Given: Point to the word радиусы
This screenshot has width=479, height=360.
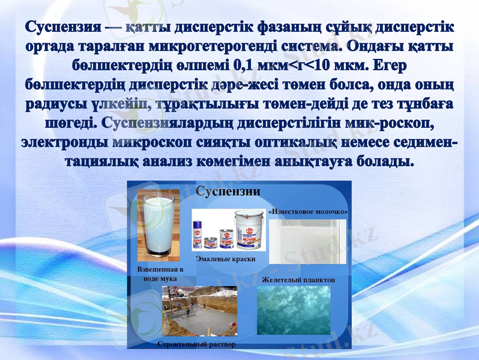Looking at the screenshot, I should [55, 103].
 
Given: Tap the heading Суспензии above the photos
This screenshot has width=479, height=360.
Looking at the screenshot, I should [229, 192].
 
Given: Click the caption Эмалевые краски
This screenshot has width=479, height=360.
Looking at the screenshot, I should [226, 259].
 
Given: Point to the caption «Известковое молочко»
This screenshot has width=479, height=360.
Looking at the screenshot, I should [308, 212].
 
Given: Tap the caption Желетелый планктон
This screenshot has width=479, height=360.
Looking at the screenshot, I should [298, 279].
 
